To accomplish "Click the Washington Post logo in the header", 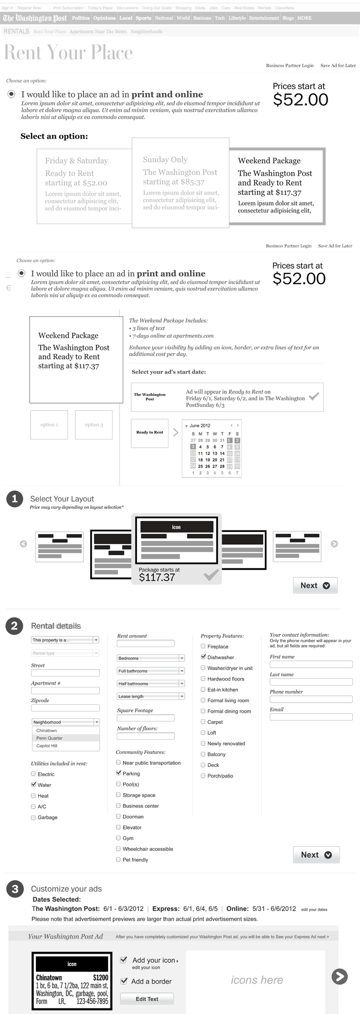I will tap(34, 18).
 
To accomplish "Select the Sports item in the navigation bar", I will tap(143, 18).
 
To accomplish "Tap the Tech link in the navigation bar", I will tap(220, 18).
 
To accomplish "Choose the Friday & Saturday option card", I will tap(84, 186).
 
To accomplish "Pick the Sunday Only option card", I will tap(180, 183).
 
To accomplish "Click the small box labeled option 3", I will tap(94, 425).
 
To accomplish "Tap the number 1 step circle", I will tap(14, 499).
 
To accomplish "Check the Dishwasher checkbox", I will tap(203, 657).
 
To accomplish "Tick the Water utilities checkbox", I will tap(33, 784).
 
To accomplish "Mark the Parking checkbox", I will tap(119, 773).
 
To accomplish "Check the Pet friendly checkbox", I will tap(119, 859).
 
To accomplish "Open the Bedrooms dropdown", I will tap(151, 658).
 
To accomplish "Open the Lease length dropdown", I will tap(151, 697).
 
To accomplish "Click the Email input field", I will tap(311, 717).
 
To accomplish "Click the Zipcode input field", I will tap(65, 708).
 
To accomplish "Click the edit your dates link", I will tap(314, 910).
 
